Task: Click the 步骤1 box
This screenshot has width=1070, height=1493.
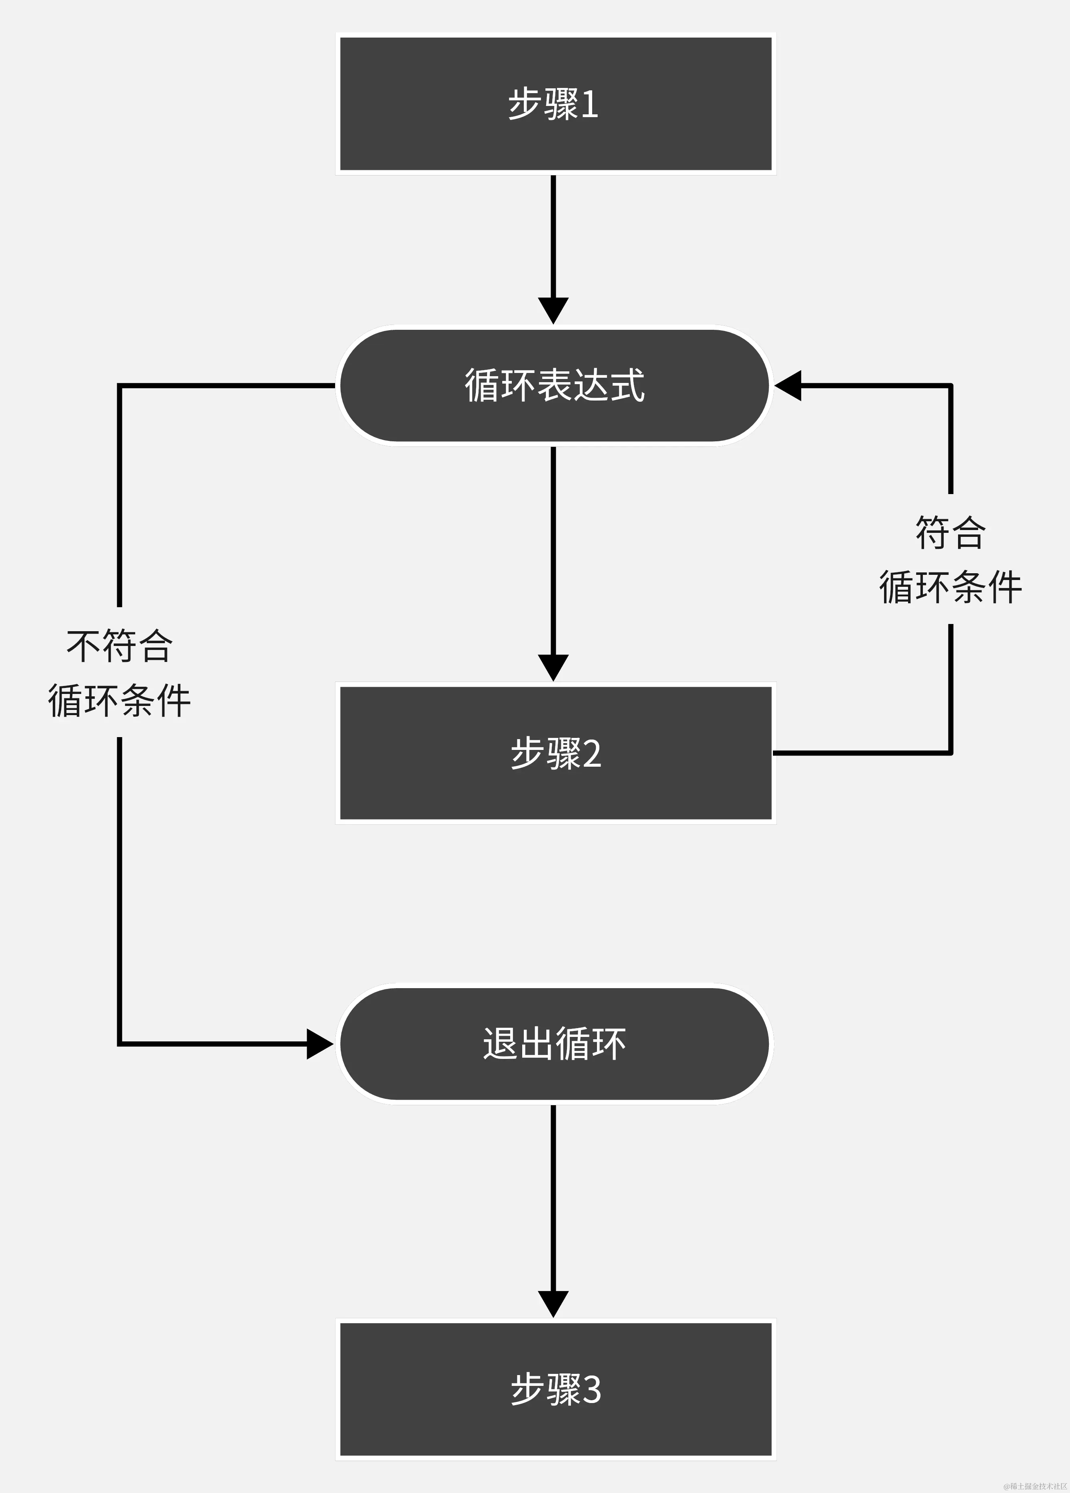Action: [555, 104]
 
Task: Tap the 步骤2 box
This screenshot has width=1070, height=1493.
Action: [555, 753]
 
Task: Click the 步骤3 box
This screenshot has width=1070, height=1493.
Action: [555, 1389]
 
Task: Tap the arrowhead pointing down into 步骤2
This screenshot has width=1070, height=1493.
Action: [553, 667]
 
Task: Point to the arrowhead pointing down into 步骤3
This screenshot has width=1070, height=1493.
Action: [553, 1304]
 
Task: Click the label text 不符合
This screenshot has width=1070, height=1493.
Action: [119, 646]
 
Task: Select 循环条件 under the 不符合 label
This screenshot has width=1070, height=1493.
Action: [119, 700]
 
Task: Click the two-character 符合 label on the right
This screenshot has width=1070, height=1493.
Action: [950, 532]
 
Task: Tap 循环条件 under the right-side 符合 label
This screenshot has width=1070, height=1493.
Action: [950, 586]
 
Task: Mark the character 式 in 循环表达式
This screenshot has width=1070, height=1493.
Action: [627, 385]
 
